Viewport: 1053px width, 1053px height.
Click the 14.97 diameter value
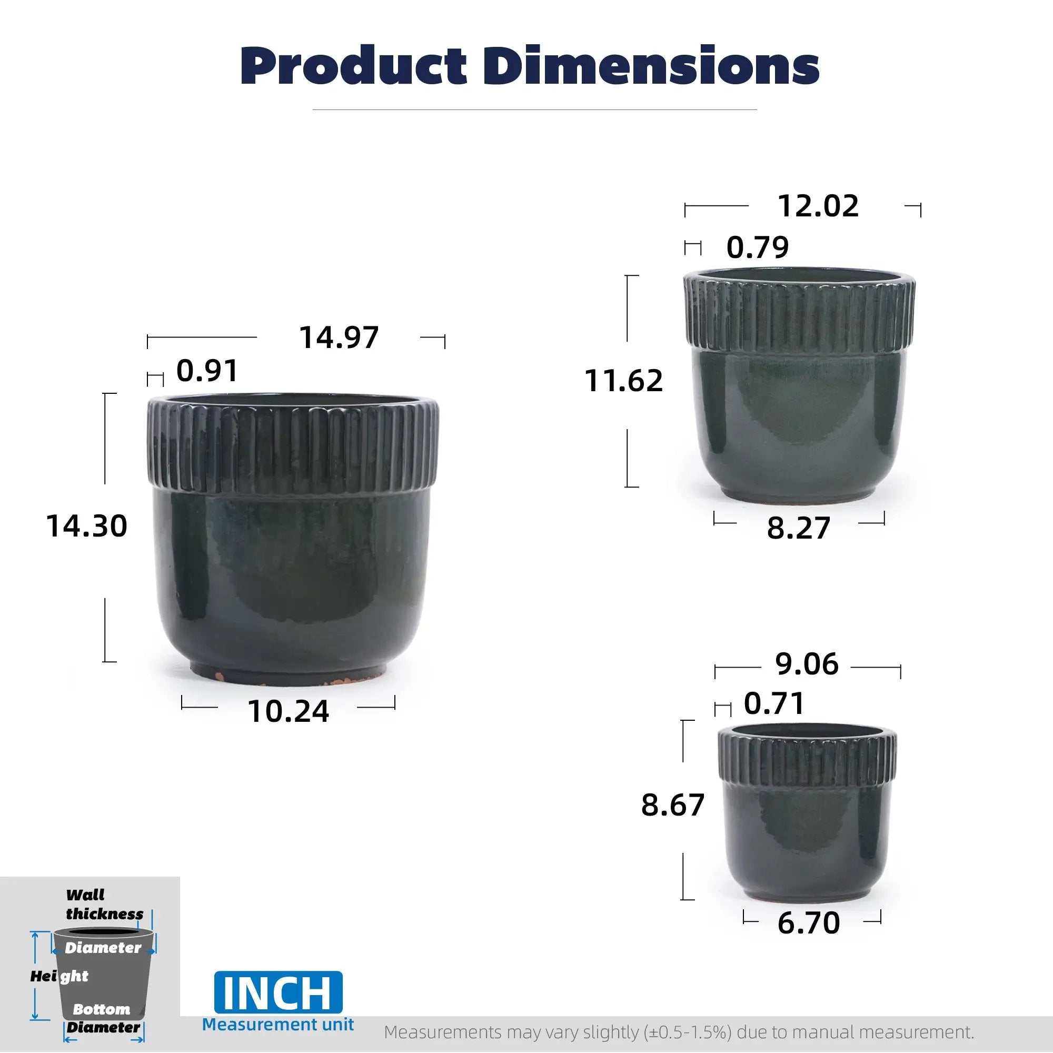pyautogui.click(x=339, y=337)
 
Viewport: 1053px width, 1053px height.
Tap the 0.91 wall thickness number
pyautogui.click(x=207, y=371)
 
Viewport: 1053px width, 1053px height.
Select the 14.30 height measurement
pyautogui.click(x=87, y=526)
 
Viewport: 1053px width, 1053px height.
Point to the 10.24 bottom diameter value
pyautogui.click(x=289, y=711)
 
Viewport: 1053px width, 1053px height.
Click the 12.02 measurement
pyautogui.click(x=818, y=206)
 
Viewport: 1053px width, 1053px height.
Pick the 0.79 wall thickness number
pyautogui.click(x=758, y=247)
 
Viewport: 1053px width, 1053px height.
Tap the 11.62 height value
pyautogui.click(x=623, y=381)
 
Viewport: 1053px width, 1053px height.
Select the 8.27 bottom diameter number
pyautogui.click(x=799, y=528)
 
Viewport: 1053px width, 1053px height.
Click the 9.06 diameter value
pyautogui.click(x=807, y=664)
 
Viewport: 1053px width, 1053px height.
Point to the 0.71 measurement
pyautogui.click(x=774, y=703)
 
